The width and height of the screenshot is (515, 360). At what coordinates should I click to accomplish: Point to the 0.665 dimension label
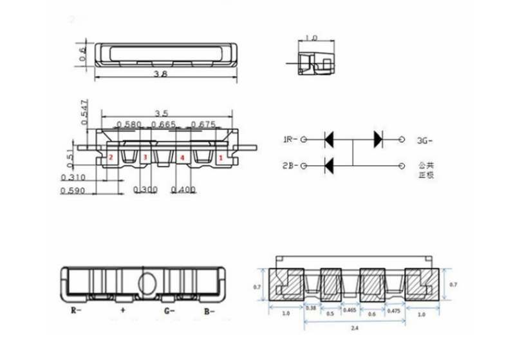[x=163, y=124]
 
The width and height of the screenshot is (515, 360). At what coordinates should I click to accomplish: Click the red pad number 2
[x=111, y=156]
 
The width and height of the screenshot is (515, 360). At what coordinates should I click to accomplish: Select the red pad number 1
[x=221, y=156]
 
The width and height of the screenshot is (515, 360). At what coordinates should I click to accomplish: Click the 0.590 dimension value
[x=73, y=191]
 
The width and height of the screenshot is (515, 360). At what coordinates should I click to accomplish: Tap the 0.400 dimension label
[x=184, y=190]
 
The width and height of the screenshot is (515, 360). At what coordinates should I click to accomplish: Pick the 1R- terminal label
[x=289, y=139]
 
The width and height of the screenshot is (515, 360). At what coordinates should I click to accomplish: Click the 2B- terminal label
[x=289, y=166]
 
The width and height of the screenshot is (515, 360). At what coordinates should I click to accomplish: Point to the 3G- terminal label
[x=426, y=139]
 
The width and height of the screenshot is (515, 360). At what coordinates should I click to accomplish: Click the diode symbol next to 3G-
[x=377, y=138]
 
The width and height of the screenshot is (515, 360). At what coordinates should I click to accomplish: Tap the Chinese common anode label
[x=427, y=169]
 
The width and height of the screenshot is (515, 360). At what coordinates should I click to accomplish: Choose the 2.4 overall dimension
[x=356, y=330]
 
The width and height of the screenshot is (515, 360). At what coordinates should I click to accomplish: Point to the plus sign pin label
[x=123, y=311]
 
